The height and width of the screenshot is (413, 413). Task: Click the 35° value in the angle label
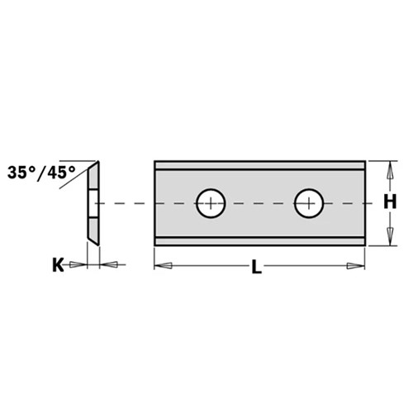point(23,173)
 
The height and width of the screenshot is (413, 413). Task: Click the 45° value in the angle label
point(59,173)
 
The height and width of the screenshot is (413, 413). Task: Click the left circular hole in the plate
point(211,202)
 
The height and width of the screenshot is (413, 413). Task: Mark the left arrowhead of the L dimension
point(163,266)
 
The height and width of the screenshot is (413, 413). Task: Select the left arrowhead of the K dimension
point(78,264)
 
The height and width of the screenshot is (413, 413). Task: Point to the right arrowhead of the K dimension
point(108,264)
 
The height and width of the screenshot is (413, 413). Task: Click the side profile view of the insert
point(93,202)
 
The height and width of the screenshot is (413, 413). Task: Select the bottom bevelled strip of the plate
point(259,240)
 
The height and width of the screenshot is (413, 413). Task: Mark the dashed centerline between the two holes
point(260,202)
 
